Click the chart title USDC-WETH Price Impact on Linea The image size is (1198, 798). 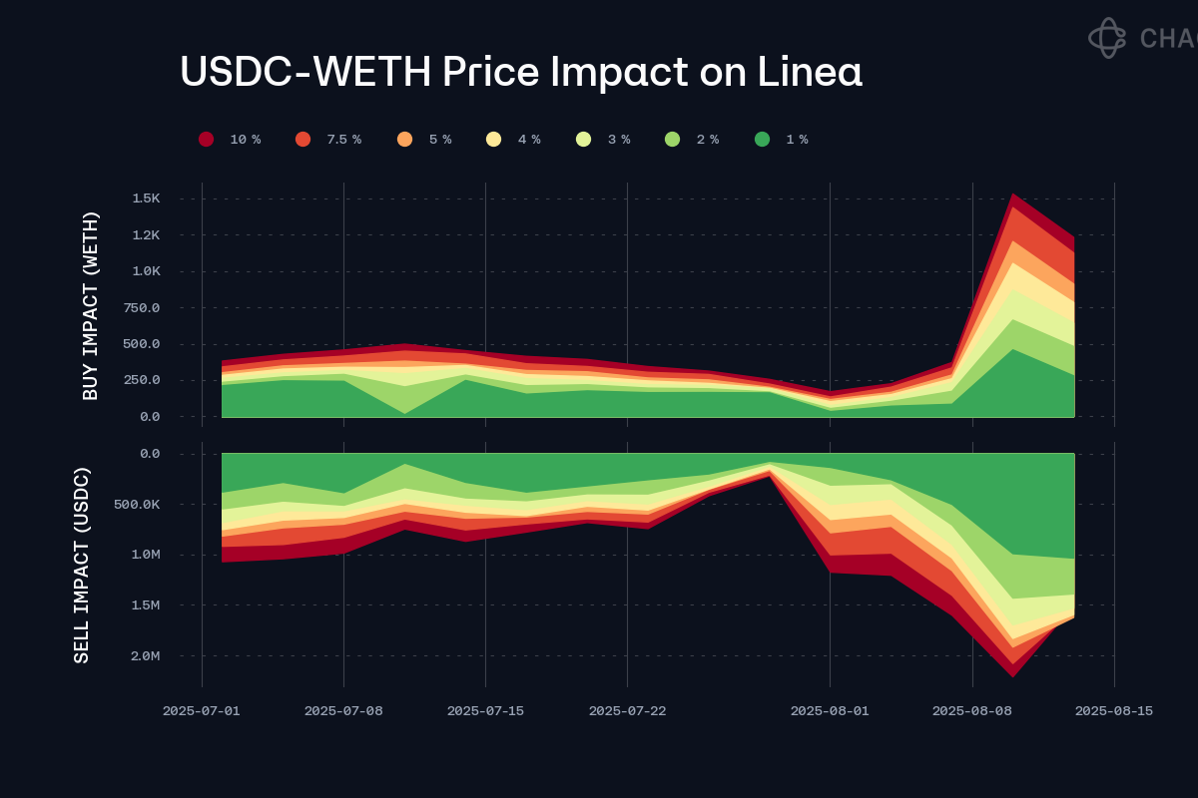(x=520, y=73)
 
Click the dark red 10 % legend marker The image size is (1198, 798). (x=207, y=140)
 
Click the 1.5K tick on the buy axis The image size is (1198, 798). (x=146, y=199)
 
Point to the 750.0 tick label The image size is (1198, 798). (x=142, y=307)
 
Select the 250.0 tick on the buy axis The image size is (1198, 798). (x=142, y=380)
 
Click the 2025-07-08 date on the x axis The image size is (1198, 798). (x=343, y=711)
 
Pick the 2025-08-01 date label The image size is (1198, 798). (x=830, y=711)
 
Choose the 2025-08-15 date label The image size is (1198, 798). (x=1114, y=711)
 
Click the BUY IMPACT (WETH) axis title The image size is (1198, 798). (x=91, y=306)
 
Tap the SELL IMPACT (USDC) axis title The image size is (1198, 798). (x=83, y=565)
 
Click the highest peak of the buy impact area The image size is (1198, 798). (x=1012, y=195)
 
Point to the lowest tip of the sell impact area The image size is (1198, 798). (x=1012, y=676)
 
